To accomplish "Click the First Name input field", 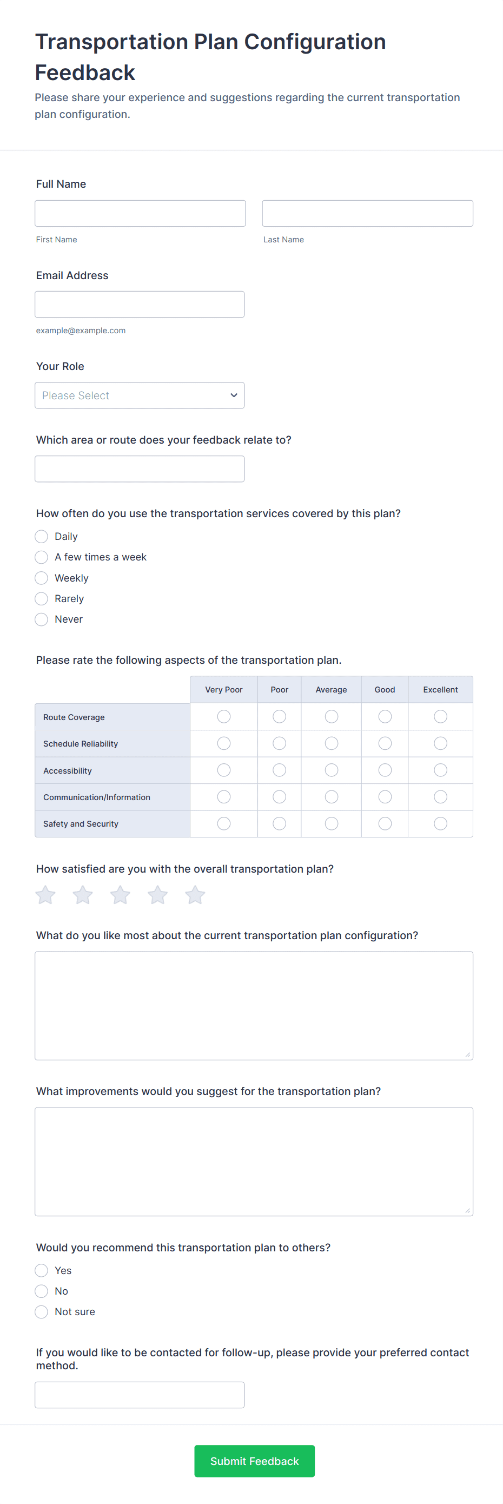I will [140, 213].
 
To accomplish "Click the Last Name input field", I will [367, 213].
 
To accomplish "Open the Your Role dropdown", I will [140, 395].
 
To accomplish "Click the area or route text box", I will [140, 469].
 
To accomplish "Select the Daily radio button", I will [42, 537].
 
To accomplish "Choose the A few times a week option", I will [42, 557].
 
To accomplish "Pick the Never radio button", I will [42, 619].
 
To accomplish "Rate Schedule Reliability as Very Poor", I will [223, 743].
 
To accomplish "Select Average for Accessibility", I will [331, 770].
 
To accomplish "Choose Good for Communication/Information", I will [385, 797].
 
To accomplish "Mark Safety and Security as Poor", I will [280, 823].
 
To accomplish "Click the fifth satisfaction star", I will [195, 895].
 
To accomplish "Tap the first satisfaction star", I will [45, 895].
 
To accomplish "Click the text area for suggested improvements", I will [254, 1162].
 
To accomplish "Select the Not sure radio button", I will [42, 1312].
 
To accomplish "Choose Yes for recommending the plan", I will [42, 1270].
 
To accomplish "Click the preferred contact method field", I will [140, 1395].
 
